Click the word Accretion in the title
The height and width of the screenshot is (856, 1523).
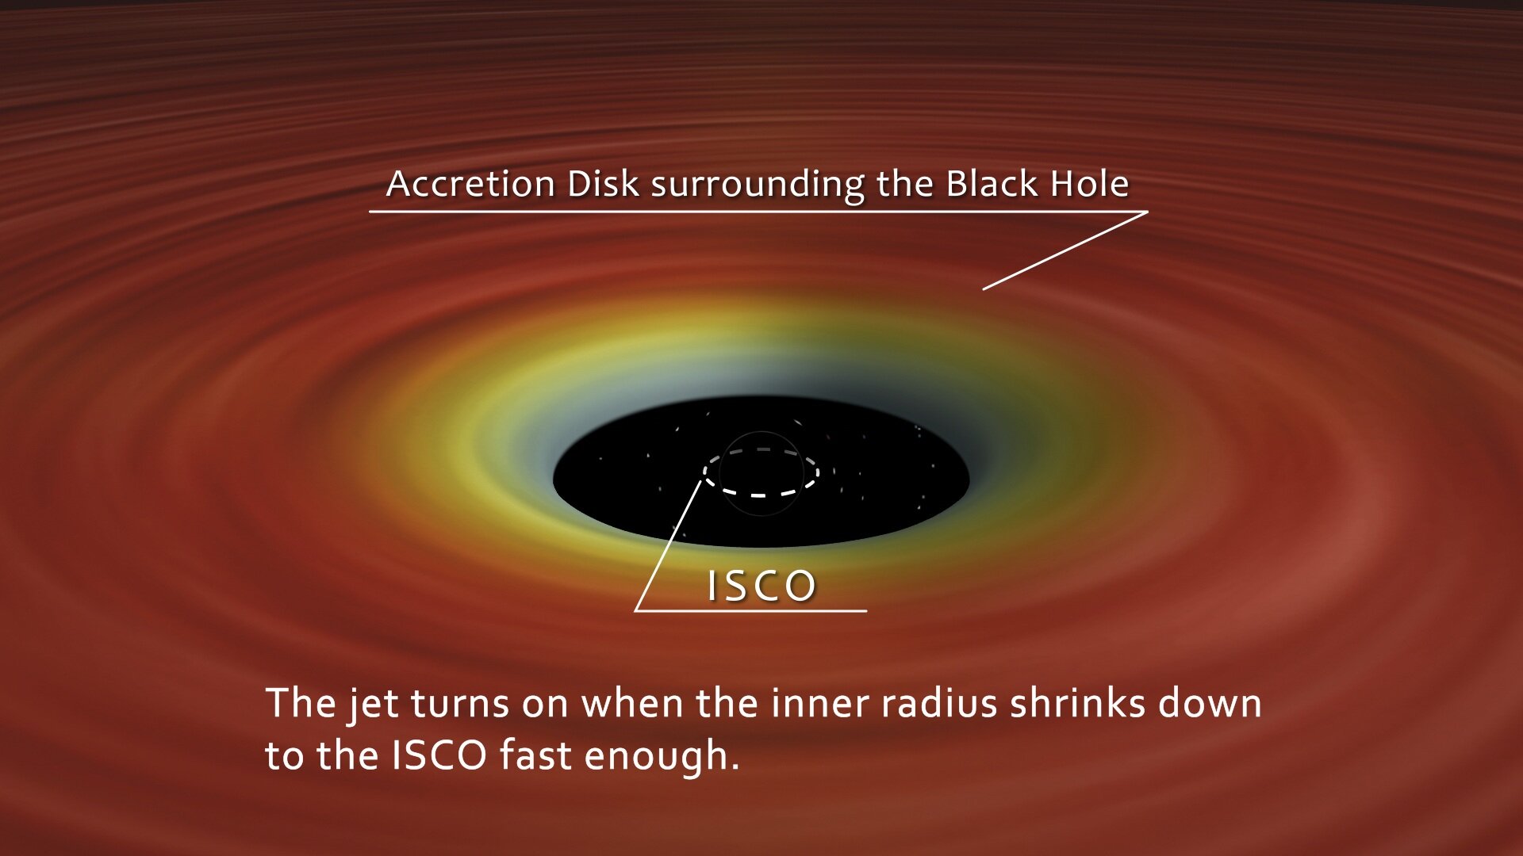point(470,184)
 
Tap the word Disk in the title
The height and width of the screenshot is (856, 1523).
point(603,184)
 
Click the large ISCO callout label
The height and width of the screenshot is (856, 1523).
point(761,587)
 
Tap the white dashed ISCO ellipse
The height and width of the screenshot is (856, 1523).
point(760,495)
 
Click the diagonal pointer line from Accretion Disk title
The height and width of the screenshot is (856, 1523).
point(1065,250)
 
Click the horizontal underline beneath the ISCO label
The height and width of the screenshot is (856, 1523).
point(750,611)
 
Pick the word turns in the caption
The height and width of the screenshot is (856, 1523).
point(459,704)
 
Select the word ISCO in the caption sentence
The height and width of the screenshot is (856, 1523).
point(439,755)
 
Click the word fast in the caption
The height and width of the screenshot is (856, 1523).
point(536,755)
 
